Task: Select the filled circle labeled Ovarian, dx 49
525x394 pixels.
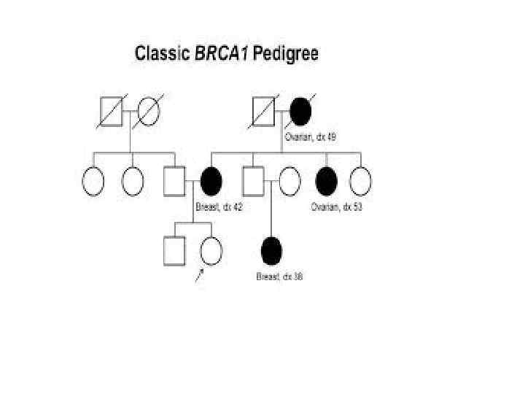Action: pyautogui.click(x=300, y=112)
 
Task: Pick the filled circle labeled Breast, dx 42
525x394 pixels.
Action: pyautogui.click(x=211, y=182)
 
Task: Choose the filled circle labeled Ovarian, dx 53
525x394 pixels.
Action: pyautogui.click(x=326, y=182)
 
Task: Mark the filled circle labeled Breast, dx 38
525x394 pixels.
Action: pyautogui.click(x=271, y=250)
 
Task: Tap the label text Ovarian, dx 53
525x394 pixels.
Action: pyautogui.click(x=336, y=207)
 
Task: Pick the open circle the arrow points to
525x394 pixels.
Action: pyautogui.click(x=210, y=251)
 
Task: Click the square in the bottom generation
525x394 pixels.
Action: pyautogui.click(x=174, y=251)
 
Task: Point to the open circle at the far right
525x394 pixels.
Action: pyautogui.click(x=360, y=182)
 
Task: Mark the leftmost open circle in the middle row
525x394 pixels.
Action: pyautogui.click(x=93, y=182)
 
